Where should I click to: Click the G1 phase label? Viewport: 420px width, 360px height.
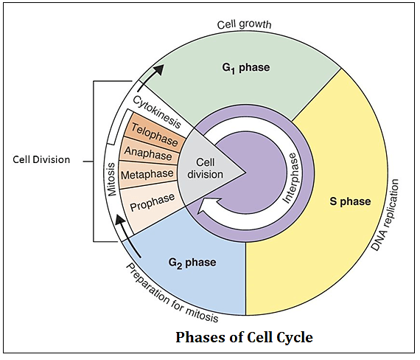pyautogui.click(x=247, y=68)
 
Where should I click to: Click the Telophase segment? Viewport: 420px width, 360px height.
pyautogui.click(x=154, y=133)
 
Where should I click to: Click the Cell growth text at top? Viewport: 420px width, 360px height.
pyautogui.click(x=245, y=24)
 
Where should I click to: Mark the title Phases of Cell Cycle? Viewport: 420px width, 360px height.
pyautogui.click(x=244, y=338)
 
